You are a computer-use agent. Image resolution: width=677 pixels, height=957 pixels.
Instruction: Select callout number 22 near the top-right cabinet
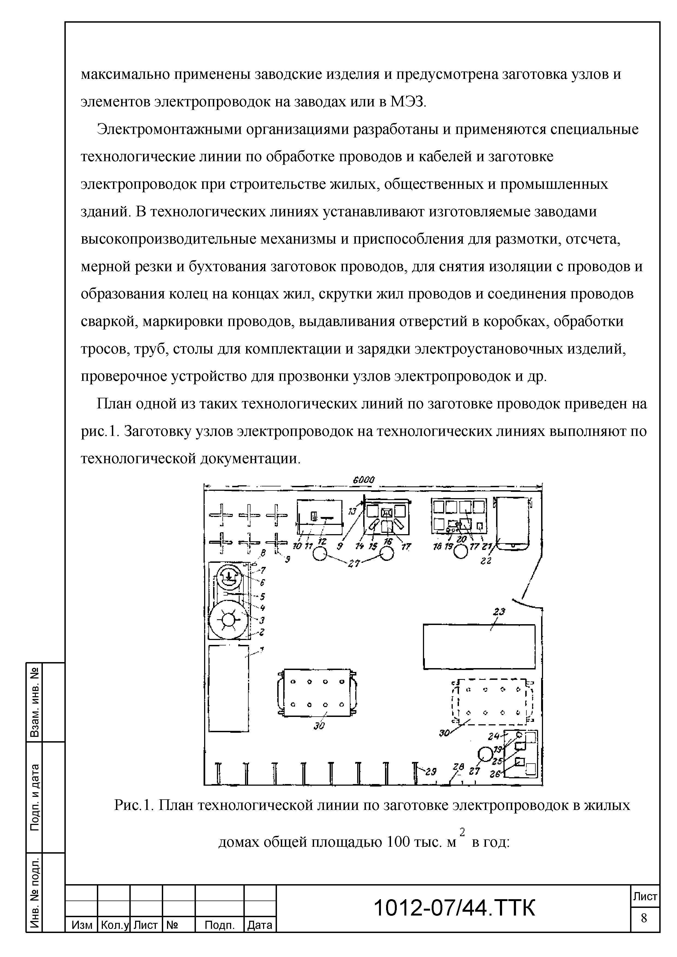click(486, 561)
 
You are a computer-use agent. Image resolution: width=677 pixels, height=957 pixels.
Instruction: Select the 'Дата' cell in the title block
click(260, 925)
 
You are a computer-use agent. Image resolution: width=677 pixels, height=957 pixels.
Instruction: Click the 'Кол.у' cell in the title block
click(114, 925)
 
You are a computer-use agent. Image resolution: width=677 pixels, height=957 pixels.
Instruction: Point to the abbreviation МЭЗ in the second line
click(407, 102)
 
